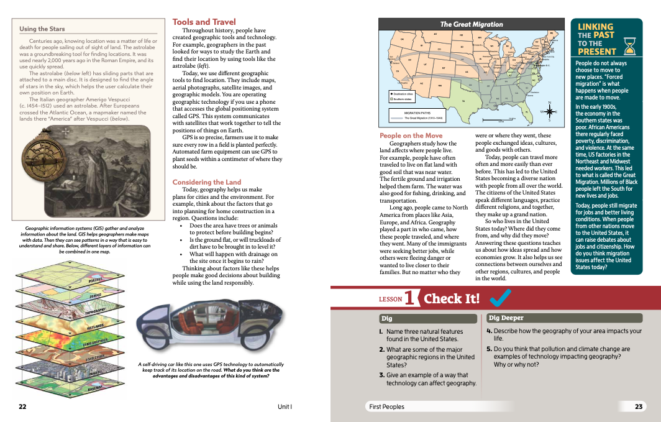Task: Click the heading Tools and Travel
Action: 204,22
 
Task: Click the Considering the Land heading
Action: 206,182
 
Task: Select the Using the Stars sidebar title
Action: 42,29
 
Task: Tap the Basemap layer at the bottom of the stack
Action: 93,387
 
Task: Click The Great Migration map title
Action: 472,24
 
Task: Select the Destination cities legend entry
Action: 407,93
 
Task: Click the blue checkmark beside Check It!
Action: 499,298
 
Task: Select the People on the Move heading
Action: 411,135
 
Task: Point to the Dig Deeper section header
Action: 506,318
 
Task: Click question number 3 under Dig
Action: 382,375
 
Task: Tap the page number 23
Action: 638,406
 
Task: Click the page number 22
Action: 22,406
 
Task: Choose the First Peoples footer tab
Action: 386,406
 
